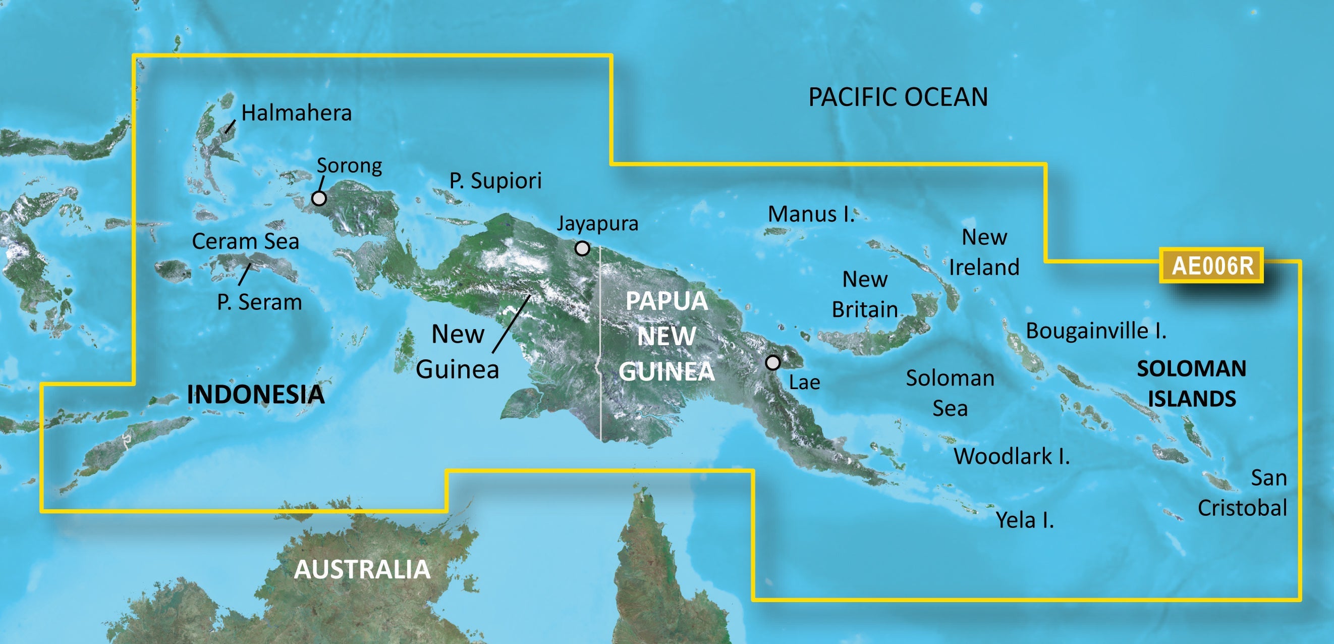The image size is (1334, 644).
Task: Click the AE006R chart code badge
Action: point(1211,266)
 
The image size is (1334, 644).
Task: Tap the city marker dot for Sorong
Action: point(319,198)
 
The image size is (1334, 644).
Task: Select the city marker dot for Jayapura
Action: point(582,249)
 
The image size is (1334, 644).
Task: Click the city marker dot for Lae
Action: point(772,363)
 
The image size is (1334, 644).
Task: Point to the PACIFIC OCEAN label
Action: point(898,97)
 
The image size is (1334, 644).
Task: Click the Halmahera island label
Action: point(296,113)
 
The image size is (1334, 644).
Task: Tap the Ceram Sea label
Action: point(246,241)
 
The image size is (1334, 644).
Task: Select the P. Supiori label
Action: point(495,181)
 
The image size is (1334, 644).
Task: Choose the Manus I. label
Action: point(810,214)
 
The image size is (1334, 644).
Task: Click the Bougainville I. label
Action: point(1096,331)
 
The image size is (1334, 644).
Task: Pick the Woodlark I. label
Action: point(1012,456)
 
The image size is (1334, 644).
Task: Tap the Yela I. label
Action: point(1025,520)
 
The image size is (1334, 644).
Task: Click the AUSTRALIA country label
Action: point(362,569)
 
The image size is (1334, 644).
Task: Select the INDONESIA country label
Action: point(255,394)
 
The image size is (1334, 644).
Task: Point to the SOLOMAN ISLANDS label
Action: point(1192,384)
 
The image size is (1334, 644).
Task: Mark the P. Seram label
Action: point(259,302)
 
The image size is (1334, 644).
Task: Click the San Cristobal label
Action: point(1243,492)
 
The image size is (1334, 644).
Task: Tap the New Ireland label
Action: point(984,252)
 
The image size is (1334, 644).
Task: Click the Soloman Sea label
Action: point(950,393)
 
